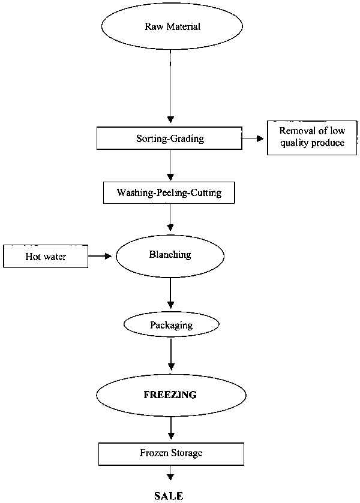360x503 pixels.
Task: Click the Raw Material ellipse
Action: (x=172, y=27)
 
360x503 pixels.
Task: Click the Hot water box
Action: (x=46, y=257)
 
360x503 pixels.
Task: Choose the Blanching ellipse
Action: (x=170, y=255)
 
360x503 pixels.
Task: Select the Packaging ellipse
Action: (x=171, y=325)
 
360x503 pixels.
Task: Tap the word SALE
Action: (x=169, y=496)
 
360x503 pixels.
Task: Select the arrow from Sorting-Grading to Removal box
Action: (x=253, y=138)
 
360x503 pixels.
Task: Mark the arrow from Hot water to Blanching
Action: (x=101, y=256)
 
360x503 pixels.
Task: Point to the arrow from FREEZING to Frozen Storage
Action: (x=172, y=427)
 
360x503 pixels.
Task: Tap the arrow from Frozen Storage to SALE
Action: (x=171, y=474)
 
